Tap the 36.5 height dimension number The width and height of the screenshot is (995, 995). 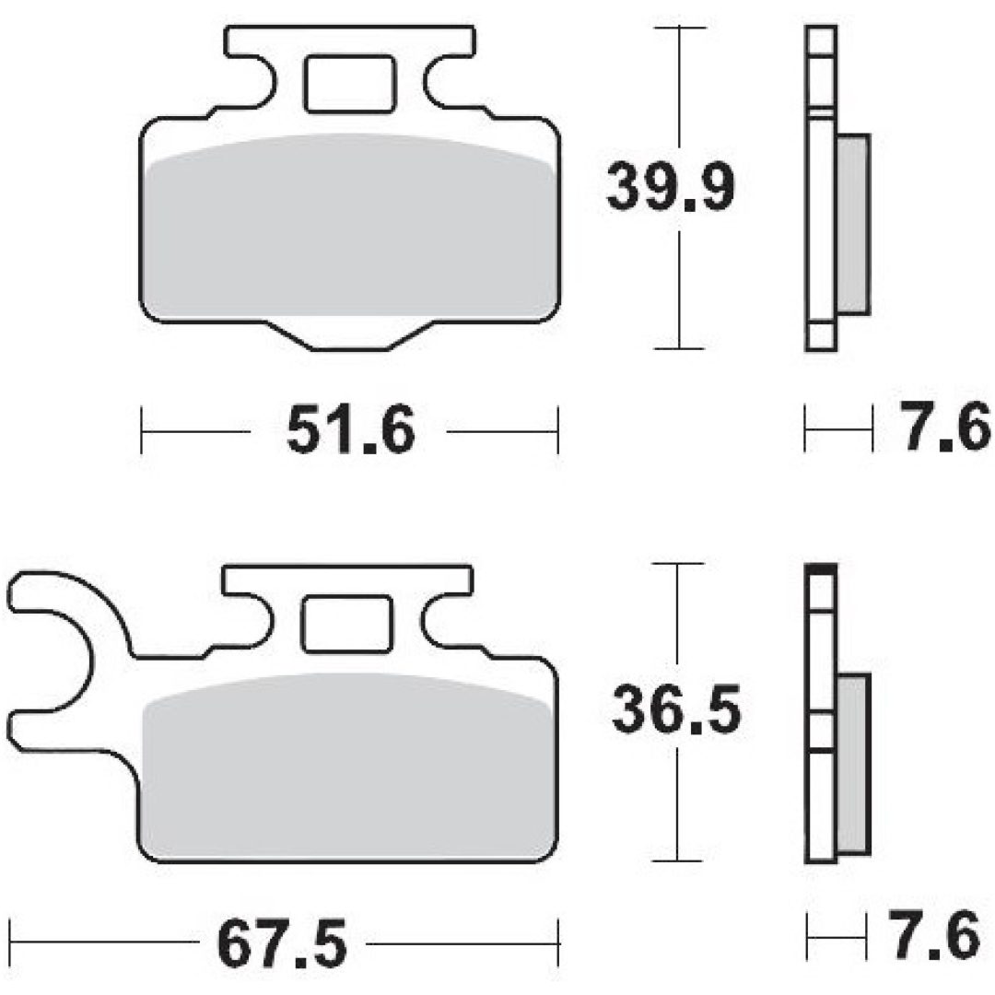click(676, 708)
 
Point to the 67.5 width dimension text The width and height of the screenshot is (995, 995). click(282, 943)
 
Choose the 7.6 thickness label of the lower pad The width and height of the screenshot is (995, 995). click(935, 935)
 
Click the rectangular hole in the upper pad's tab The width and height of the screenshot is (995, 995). click(350, 85)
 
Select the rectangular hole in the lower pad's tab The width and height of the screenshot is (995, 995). click(347, 624)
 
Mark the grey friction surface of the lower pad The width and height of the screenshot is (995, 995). click(347, 767)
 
